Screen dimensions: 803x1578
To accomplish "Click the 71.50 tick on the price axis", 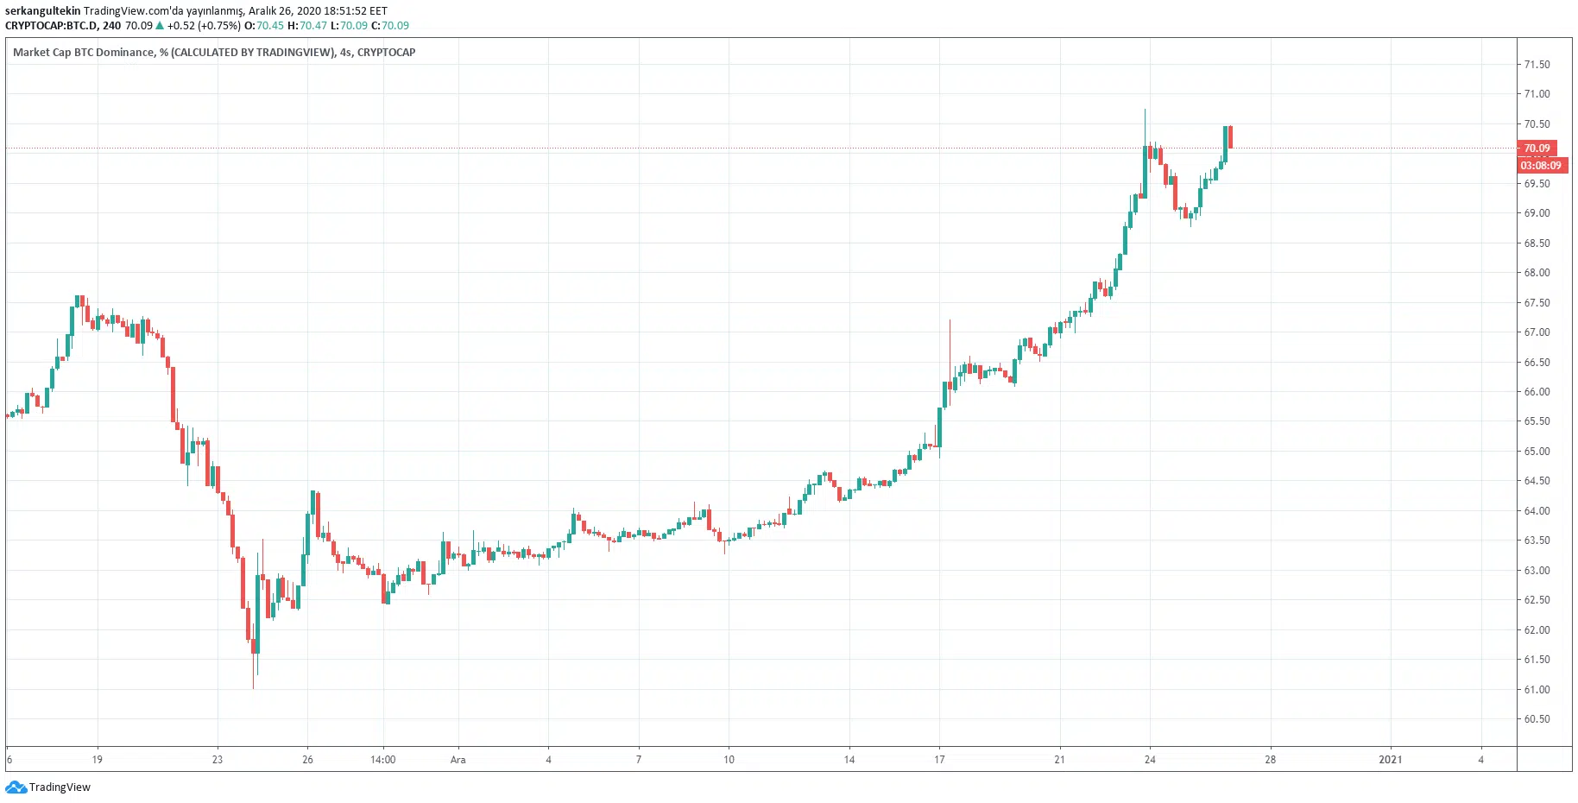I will point(1537,65).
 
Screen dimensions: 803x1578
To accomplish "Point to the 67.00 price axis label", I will point(1537,332).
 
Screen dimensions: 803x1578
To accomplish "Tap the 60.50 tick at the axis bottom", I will point(1537,719).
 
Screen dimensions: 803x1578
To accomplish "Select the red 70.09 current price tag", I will point(1537,149).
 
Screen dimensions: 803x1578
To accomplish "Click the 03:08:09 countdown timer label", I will point(1541,166).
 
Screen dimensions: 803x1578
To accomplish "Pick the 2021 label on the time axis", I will point(1390,760).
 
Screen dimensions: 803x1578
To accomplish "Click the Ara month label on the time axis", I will point(458,760).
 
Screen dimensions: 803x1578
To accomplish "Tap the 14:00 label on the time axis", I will point(382,760).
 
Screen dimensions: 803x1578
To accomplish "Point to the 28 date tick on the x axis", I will point(1270,760).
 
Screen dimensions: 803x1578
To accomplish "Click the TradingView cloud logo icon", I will point(16,787).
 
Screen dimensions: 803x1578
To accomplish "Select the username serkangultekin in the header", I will point(42,11).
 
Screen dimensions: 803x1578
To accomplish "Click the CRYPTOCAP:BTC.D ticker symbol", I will point(51,26).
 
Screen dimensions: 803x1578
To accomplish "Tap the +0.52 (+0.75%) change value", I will point(204,26).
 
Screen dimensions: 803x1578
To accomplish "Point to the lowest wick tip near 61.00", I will point(253,687).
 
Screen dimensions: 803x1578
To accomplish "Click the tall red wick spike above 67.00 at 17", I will point(950,322).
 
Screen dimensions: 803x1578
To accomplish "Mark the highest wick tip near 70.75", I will point(1145,111).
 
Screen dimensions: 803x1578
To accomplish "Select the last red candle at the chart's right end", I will point(1230,136).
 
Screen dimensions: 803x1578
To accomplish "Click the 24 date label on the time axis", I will point(1150,760).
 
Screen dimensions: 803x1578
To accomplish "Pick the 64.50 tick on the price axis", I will point(1537,481).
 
